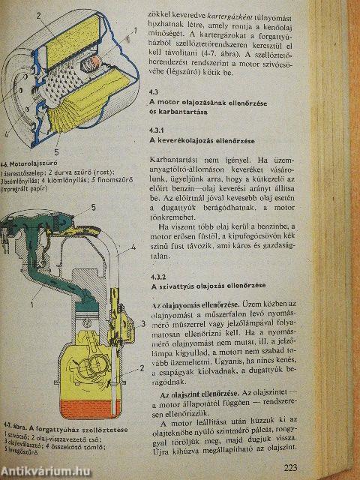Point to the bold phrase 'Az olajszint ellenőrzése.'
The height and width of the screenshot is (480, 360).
click(x=197, y=394)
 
